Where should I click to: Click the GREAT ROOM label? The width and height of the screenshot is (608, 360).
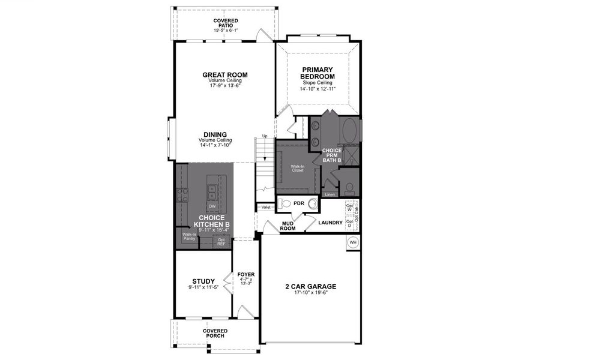(225, 75)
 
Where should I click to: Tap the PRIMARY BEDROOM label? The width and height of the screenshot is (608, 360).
(318, 73)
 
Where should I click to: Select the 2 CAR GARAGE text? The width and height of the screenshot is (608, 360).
(310, 286)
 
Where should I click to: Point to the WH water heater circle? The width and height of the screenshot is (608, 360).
(353, 242)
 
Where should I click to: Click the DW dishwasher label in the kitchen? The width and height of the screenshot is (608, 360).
(212, 206)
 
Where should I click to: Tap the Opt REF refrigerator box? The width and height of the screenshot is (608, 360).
(221, 242)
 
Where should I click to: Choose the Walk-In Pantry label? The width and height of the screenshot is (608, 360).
(190, 236)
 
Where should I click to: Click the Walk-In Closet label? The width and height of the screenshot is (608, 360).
(298, 168)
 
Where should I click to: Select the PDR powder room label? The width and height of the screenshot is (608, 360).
(299, 203)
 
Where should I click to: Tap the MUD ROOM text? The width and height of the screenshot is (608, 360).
(289, 226)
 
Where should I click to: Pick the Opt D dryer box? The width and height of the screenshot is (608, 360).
(349, 223)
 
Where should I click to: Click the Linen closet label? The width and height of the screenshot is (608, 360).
(329, 194)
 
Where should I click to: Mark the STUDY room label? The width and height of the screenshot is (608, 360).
(203, 281)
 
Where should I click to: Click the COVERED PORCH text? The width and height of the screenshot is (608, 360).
(215, 333)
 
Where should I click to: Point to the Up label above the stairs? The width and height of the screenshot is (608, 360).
(265, 136)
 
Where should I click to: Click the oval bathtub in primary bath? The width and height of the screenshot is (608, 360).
(350, 130)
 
